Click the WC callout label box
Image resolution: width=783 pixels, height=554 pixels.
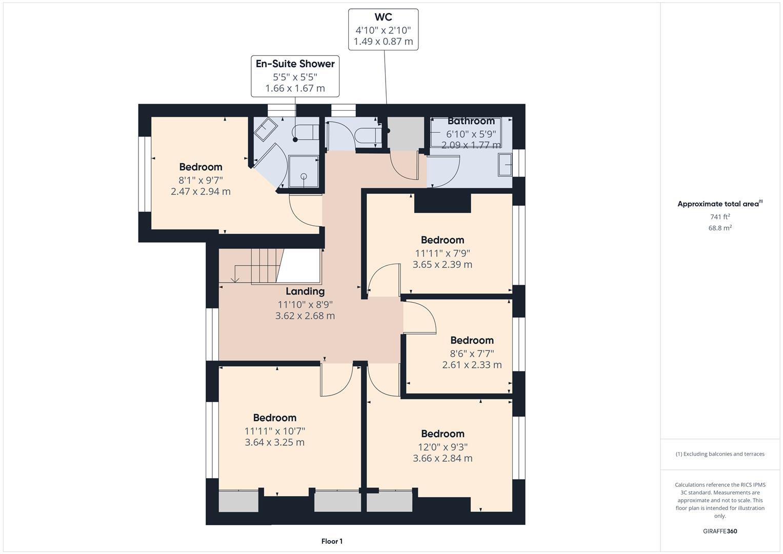point(383,29)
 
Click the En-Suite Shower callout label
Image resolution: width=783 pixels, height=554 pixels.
point(295,76)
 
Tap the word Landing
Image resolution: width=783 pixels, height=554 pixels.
point(305,291)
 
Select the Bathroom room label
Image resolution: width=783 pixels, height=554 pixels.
point(471,121)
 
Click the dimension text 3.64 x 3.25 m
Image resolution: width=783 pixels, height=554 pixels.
point(274,442)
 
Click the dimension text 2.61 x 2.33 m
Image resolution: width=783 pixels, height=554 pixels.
point(472,365)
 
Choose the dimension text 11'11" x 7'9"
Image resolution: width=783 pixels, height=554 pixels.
point(442,253)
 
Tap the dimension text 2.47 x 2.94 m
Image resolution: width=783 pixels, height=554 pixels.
point(200,191)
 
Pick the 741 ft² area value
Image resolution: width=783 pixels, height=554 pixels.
point(720,216)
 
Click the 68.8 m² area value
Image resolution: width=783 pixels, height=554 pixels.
point(720,228)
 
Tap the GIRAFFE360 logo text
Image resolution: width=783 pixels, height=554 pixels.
point(720,531)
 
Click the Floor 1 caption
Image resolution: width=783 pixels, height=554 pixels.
point(332,541)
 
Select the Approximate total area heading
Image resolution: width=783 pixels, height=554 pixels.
point(719,204)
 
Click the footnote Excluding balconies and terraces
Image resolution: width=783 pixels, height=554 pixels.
point(720,454)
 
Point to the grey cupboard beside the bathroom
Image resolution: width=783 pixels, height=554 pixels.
point(406,133)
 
